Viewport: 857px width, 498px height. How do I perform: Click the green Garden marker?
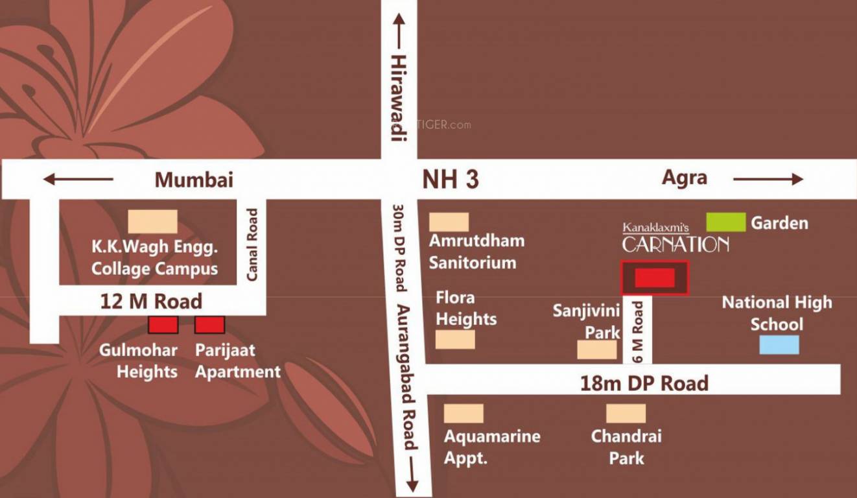[x=725, y=222]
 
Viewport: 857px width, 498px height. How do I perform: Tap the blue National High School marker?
[x=779, y=344]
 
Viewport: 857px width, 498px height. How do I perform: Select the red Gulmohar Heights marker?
[x=163, y=325]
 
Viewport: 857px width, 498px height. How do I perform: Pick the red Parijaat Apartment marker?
[x=210, y=325]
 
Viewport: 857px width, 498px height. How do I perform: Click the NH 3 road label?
[x=451, y=180]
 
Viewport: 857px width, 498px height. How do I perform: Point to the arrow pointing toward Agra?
[x=768, y=180]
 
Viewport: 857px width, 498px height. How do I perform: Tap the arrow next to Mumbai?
[x=78, y=180]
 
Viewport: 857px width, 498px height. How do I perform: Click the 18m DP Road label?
[x=644, y=383]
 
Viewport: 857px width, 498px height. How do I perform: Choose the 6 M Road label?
[x=638, y=331]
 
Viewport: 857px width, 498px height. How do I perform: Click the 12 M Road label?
[x=152, y=301]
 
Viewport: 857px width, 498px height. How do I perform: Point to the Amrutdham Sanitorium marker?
[x=449, y=222]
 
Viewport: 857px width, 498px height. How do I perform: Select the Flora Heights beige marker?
[x=455, y=339]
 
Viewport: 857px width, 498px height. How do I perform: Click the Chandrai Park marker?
[x=626, y=413]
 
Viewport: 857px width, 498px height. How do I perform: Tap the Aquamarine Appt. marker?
[x=464, y=413]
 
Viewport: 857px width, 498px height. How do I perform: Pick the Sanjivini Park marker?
[x=597, y=350]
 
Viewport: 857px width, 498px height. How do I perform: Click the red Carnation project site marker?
[x=655, y=278]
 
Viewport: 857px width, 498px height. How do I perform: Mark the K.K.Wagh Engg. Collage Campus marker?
[x=152, y=221]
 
